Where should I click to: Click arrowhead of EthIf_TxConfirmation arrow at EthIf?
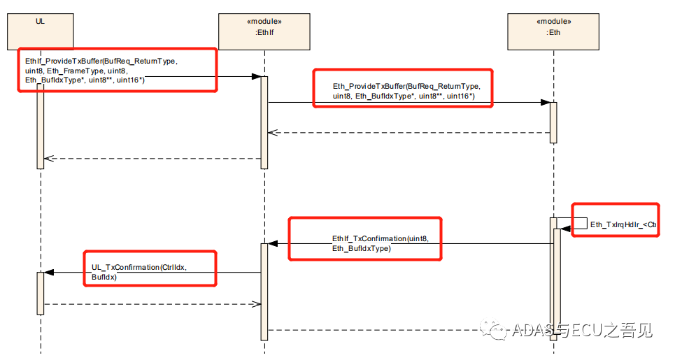273,243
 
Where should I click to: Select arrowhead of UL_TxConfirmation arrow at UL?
48,273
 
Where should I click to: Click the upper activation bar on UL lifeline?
40,126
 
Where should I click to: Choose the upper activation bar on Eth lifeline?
553,122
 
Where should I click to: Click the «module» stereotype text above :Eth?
553,21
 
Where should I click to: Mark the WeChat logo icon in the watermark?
498,329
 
